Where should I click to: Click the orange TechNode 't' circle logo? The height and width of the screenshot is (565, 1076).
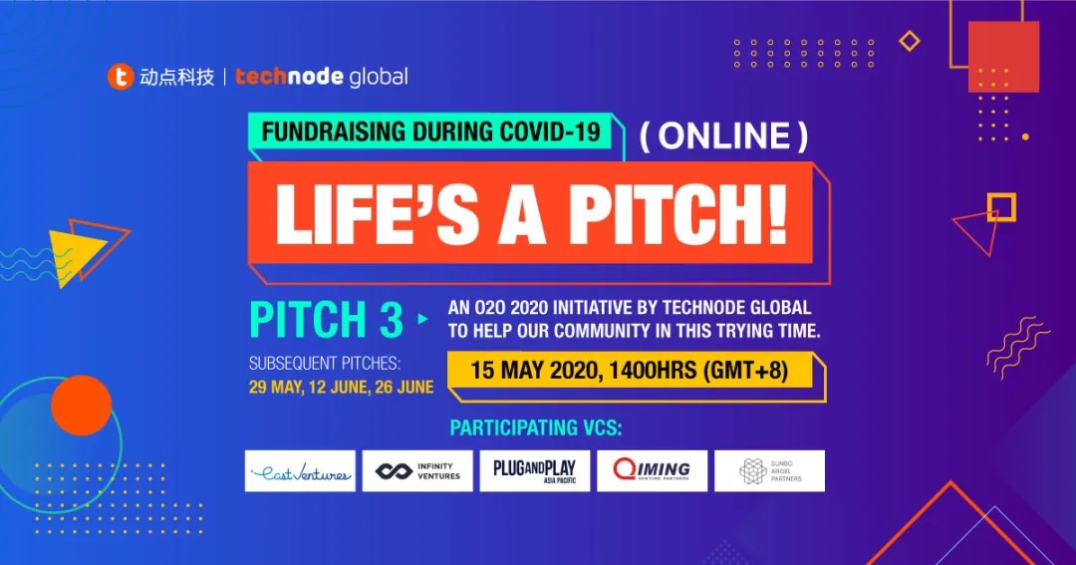tap(121, 76)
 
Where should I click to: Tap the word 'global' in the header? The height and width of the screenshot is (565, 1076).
tap(379, 77)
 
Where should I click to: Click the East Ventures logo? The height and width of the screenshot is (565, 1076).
tap(300, 471)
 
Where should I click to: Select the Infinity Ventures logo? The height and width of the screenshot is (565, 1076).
tap(417, 471)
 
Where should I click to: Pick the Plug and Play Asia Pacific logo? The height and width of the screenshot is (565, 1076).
tap(535, 471)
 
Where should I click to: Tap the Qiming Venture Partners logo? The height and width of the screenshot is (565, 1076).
tap(652, 471)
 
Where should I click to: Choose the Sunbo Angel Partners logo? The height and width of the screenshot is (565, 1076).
tap(769, 471)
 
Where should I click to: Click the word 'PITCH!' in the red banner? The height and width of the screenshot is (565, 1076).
tap(678, 213)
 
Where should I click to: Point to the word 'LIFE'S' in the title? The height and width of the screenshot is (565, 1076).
tap(377, 213)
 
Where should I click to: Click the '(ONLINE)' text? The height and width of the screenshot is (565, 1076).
tap(723, 136)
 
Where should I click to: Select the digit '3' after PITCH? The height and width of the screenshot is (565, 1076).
tap(392, 320)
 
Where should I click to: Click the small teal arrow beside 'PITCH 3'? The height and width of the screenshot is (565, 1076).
tap(422, 319)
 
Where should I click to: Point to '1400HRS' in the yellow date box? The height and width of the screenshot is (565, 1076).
tap(653, 371)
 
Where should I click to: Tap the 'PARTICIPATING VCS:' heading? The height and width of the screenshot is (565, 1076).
tap(536, 428)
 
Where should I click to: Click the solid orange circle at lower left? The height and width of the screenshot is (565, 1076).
tap(81, 405)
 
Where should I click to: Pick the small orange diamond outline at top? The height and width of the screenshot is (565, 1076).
tap(910, 41)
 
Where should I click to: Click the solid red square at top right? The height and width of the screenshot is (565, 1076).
tap(1003, 56)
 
